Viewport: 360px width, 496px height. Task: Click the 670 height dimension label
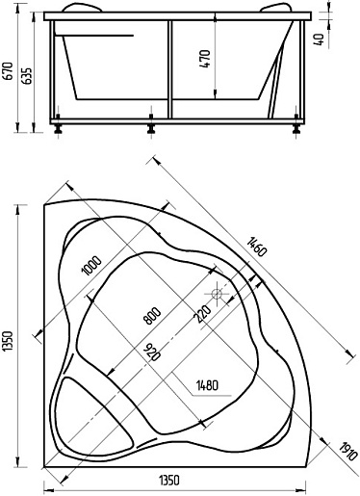click(8, 71)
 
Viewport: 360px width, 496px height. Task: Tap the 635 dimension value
click(28, 76)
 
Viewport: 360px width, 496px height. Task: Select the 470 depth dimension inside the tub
click(205, 59)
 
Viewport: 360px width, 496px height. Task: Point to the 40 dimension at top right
click(320, 39)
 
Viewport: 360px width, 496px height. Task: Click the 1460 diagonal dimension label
click(257, 247)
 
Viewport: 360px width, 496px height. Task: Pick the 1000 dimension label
click(91, 266)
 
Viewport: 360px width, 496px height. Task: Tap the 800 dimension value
click(152, 316)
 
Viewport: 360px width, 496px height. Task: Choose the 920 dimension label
click(151, 352)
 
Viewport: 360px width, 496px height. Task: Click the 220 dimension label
click(203, 314)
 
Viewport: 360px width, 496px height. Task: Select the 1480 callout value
click(207, 385)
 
